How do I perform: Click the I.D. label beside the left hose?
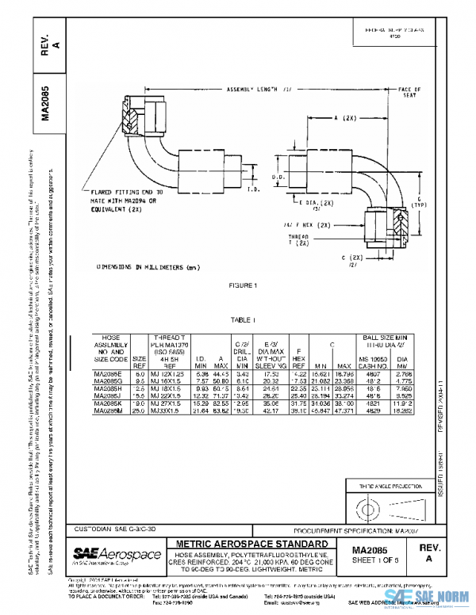(x=251, y=189)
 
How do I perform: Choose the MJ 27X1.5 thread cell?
(x=167, y=403)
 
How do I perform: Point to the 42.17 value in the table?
(x=271, y=410)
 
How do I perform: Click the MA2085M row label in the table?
(x=109, y=410)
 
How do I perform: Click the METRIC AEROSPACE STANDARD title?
(x=250, y=544)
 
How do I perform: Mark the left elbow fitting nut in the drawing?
(x=130, y=112)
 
